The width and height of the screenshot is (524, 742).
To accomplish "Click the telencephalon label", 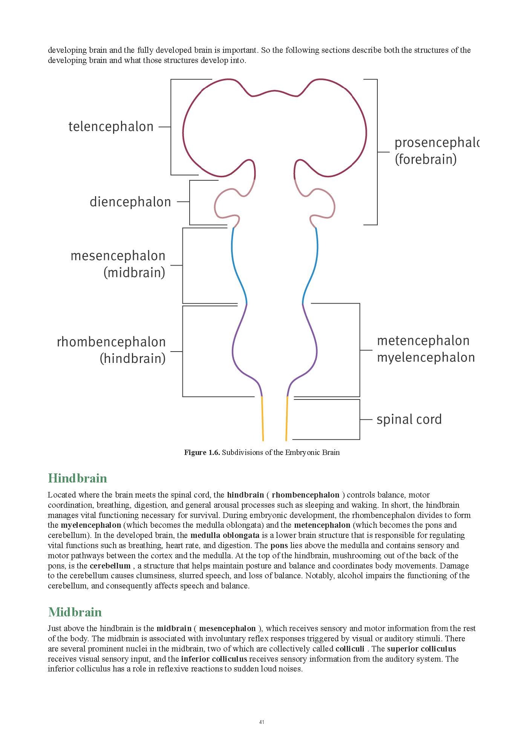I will tap(111, 127).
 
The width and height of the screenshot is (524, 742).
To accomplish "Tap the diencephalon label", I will tap(130, 202).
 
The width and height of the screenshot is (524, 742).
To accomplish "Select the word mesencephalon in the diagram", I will tap(118, 256).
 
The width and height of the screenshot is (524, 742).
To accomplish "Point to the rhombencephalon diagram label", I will tap(111, 342).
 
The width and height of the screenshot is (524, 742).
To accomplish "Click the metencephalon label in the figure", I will tap(423, 341).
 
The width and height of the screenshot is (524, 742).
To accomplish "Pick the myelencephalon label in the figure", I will tap(426, 358).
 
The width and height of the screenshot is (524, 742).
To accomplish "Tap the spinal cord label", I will tap(409, 419).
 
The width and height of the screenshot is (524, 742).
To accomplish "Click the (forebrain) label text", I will tap(426, 159).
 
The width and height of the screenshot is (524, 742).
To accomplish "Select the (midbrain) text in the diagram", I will tap(134, 273).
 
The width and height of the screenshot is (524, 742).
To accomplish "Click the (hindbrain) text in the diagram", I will tap(133, 358).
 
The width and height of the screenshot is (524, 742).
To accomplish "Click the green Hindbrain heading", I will tap(78, 478).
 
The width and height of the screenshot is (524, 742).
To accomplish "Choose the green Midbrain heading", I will tap(75, 612).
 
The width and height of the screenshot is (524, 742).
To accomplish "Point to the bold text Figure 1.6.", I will tap(202, 453).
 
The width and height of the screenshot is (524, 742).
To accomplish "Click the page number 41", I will tap(262, 722).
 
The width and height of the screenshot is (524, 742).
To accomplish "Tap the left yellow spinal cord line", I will tap(262, 419).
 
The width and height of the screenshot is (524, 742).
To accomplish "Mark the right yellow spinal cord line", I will tap(287, 419).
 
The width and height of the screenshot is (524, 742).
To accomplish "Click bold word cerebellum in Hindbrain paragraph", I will tap(110, 566).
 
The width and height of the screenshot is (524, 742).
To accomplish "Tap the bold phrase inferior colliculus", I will tap(214, 659).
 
